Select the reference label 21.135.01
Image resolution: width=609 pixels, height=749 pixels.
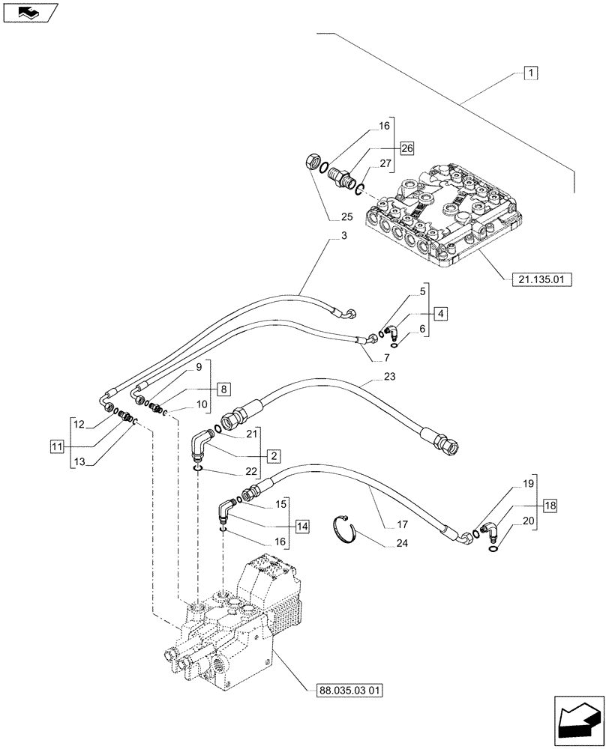[541, 279]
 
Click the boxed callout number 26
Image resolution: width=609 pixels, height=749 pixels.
[406, 147]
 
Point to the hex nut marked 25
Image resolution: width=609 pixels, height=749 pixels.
[313, 162]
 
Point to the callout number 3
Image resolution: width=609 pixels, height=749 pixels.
[343, 237]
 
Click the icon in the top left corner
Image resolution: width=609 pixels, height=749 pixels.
[28, 12]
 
